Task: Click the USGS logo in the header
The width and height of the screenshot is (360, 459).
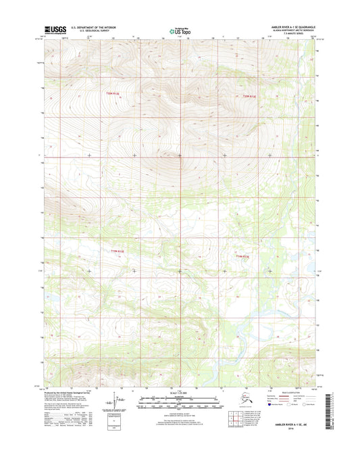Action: coord(53,30)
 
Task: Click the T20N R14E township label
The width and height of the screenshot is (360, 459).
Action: coord(250,97)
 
